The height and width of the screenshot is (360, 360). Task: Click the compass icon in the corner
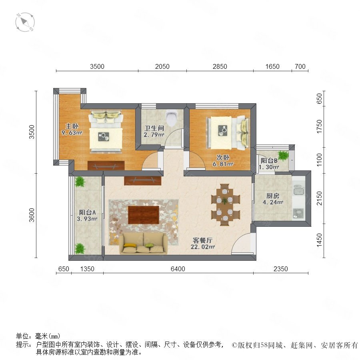coord(25,22)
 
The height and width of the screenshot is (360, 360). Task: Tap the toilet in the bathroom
coord(171,118)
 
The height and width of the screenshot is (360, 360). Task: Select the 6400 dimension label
coord(178,269)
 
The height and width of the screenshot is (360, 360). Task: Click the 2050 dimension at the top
coord(162,66)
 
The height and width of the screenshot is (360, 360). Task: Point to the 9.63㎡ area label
coord(72,132)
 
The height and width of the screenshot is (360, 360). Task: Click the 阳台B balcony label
coord(269,161)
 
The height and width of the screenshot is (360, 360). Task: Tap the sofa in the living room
coord(144,243)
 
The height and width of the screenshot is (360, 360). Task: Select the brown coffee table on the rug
coord(144,215)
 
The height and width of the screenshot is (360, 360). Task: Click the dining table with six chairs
coord(225,204)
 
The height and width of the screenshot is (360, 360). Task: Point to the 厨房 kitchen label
coord(272,196)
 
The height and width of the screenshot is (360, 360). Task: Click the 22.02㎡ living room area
coord(203,247)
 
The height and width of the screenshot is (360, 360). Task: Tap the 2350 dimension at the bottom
coord(280,269)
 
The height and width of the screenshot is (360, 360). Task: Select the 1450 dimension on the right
coord(319,240)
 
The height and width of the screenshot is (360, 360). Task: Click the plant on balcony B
coord(283,156)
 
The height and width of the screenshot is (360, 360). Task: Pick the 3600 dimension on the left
coord(32,215)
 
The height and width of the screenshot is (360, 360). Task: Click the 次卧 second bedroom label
coord(223,158)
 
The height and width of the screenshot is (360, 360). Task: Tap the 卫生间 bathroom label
coord(154,128)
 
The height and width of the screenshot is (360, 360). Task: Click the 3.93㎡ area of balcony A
coord(87,219)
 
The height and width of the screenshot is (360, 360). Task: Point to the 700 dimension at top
coord(300,66)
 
